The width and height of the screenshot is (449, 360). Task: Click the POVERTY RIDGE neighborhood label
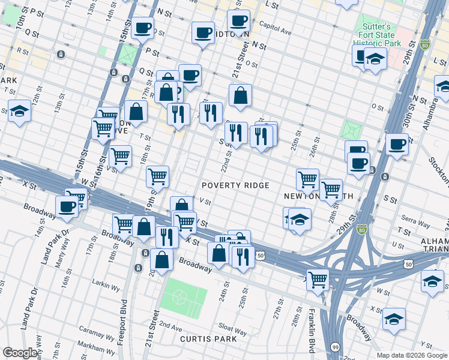pyautogui.click(x=235, y=185)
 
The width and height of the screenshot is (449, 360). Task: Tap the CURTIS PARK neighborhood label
pyautogui.click(x=204, y=339)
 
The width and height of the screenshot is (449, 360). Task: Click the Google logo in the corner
pyautogui.click(x=20, y=353)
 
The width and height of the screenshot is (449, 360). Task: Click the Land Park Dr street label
pyautogui.click(x=28, y=307)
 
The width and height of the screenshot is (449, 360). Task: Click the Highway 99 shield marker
pyautogui.click(x=335, y=347)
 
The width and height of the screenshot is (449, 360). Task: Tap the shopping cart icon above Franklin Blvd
pyautogui.click(x=317, y=278)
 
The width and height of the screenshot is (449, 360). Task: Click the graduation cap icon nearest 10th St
pyautogui.click(x=19, y=110)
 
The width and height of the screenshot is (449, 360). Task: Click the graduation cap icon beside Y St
pyautogui.click(x=394, y=319)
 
